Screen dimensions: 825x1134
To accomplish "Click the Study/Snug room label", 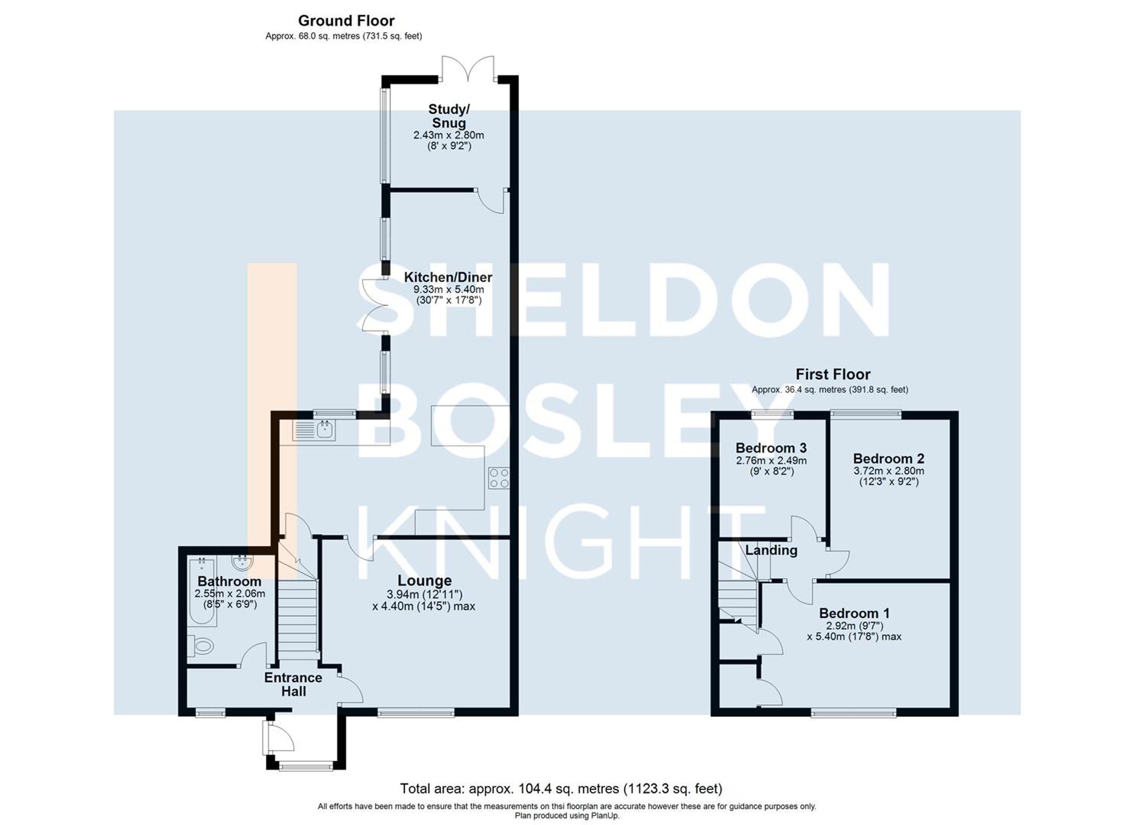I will pyautogui.click(x=448, y=116).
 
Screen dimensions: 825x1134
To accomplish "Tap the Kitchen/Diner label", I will pyautogui.click(x=448, y=277).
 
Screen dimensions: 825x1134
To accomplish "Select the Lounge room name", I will pyautogui.click(x=424, y=581).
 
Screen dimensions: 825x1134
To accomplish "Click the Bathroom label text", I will pyautogui.click(x=229, y=581).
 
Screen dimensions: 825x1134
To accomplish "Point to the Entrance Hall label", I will pyautogui.click(x=293, y=684).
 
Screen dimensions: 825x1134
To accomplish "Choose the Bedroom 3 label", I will pyautogui.click(x=771, y=448).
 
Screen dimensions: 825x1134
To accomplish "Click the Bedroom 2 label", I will pyautogui.click(x=888, y=458).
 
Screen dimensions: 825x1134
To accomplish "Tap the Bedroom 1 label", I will pyautogui.click(x=854, y=613).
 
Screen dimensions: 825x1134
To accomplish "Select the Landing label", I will pyautogui.click(x=771, y=550).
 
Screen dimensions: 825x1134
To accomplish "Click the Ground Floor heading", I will pyautogui.click(x=346, y=21).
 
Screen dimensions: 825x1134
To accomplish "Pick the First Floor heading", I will pyautogui.click(x=832, y=374).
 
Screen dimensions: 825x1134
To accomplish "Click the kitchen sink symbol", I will pyautogui.click(x=314, y=430).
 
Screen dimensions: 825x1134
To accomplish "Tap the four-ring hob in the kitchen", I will pyautogui.click(x=498, y=477).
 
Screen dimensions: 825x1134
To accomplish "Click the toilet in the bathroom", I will pyautogui.click(x=201, y=646).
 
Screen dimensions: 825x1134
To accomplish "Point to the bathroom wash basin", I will pyautogui.click(x=243, y=562).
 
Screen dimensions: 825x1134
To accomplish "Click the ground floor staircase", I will pyautogui.click(x=297, y=618).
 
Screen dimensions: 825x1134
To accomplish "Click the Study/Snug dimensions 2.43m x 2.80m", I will pyautogui.click(x=448, y=136).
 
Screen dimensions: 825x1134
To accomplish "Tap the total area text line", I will pyautogui.click(x=561, y=788).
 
